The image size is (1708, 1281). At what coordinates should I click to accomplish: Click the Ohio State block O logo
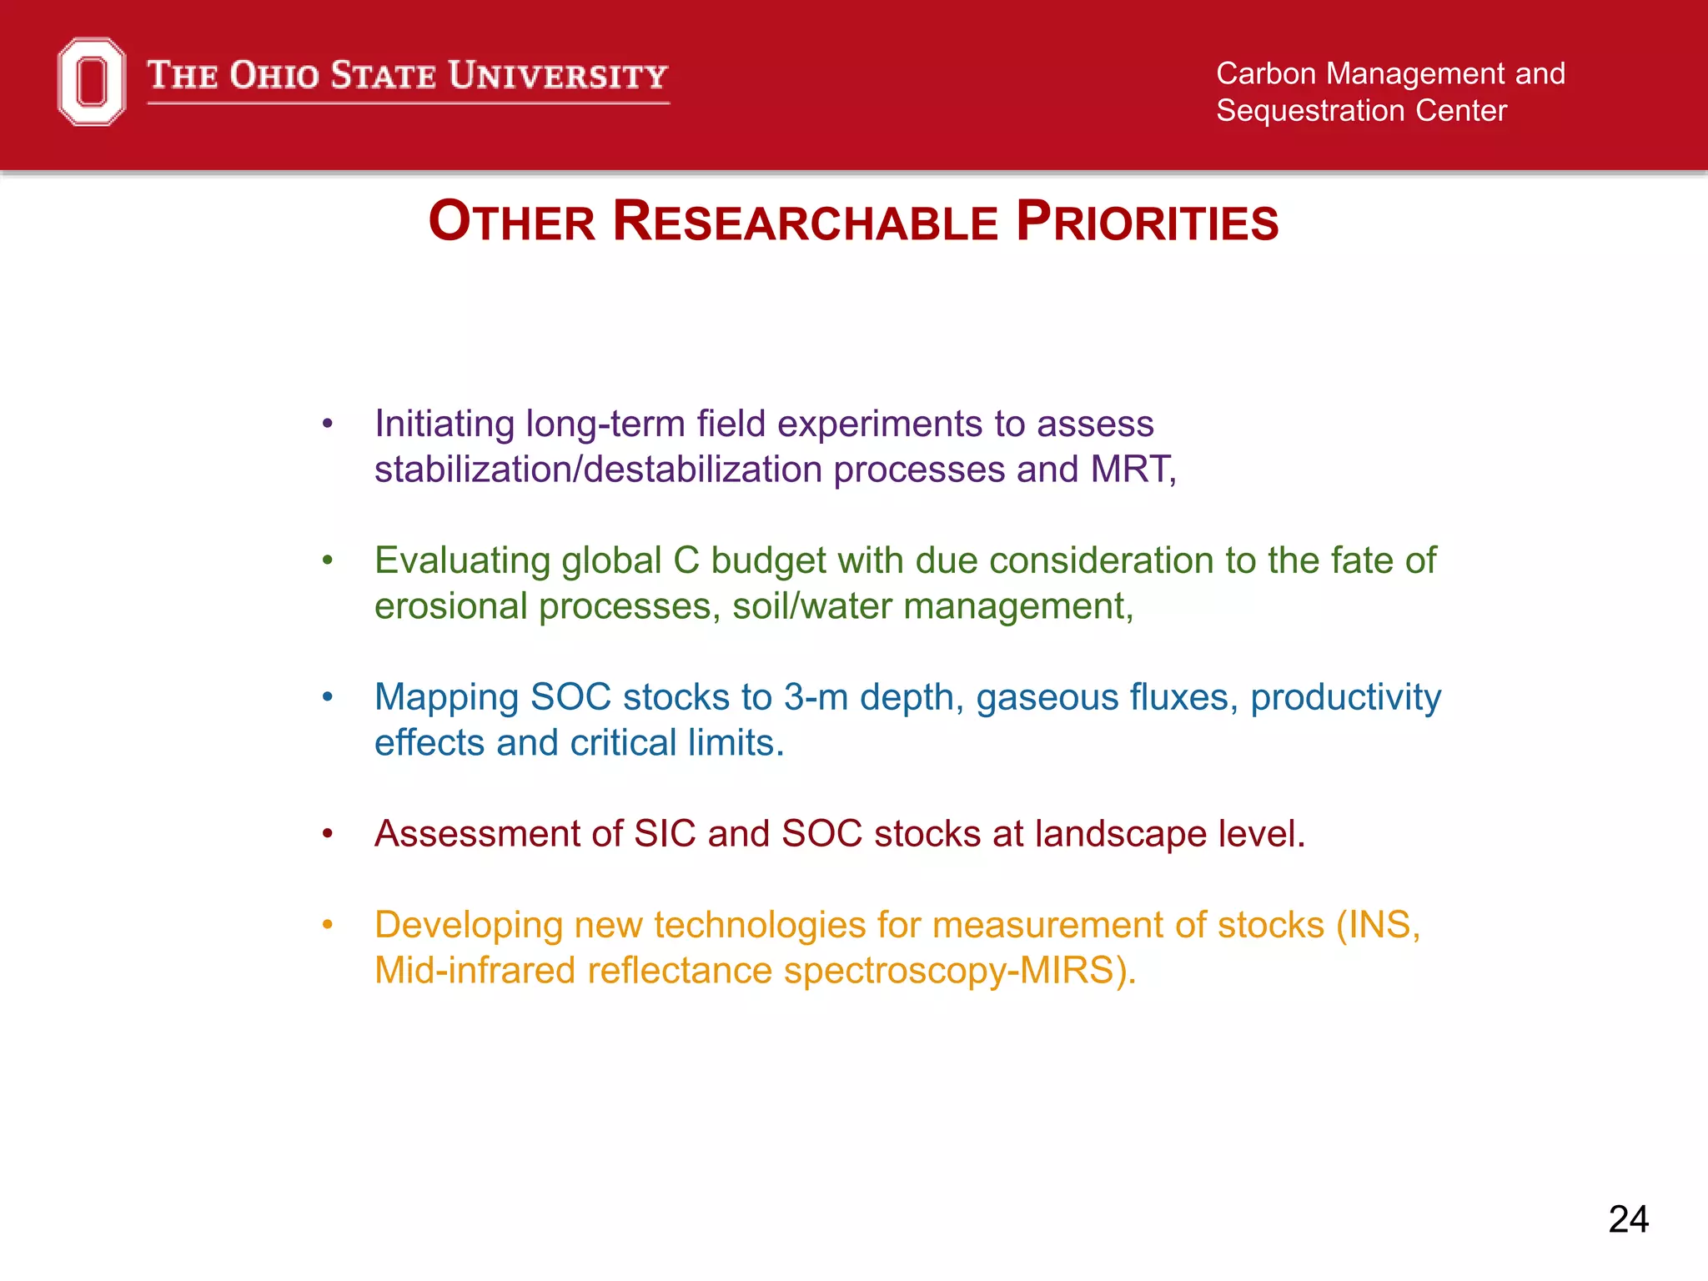click(x=92, y=82)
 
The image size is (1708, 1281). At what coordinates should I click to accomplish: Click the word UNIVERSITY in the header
click(x=558, y=76)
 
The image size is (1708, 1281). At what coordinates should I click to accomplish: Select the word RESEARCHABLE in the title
click(x=805, y=223)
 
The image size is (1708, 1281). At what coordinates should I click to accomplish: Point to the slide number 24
click(x=1628, y=1219)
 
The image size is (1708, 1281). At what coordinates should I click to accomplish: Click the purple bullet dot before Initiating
click(x=328, y=424)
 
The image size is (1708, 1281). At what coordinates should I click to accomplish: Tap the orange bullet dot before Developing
click(x=328, y=925)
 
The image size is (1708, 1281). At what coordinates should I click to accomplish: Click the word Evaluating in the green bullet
click(x=462, y=561)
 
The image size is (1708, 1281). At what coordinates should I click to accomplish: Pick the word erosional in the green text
click(x=450, y=606)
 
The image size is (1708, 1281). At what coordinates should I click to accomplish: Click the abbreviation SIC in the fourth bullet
click(x=664, y=834)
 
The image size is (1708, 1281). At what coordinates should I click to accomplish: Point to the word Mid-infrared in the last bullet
click(x=475, y=971)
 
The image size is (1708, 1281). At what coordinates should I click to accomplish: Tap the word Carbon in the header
click(x=1265, y=74)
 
